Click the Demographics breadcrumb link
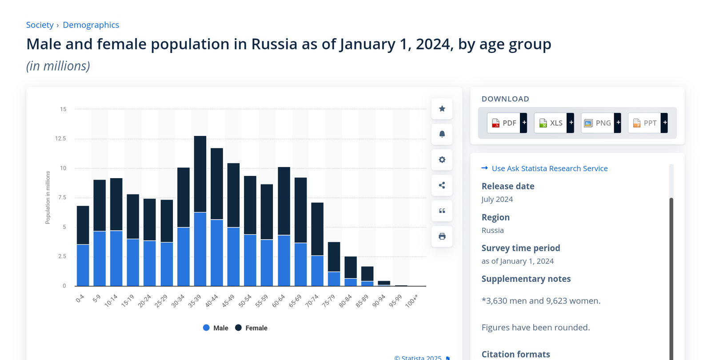tap(91, 25)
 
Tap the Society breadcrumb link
tap(40, 25)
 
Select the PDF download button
tap(507, 123)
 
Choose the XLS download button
tap(554, 123)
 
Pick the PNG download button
tap(600, 123)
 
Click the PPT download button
tap(647, 123)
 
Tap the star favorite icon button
tap(442, 109)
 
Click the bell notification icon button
tap(442, 134)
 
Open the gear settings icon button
tap(442, 160)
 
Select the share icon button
tap(442, 185)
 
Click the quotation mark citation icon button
tap(442, 211)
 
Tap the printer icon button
tap(442, 236)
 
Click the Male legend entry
tap(216, 328)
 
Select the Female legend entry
tap(252, 328)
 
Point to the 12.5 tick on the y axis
tap(60, 139)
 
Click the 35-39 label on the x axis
tap(195, 301)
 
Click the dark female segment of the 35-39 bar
tap(200, 173)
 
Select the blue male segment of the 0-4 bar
tap(83, 265)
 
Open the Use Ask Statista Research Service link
tap(549, 168)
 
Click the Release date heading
tap(508, 186)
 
